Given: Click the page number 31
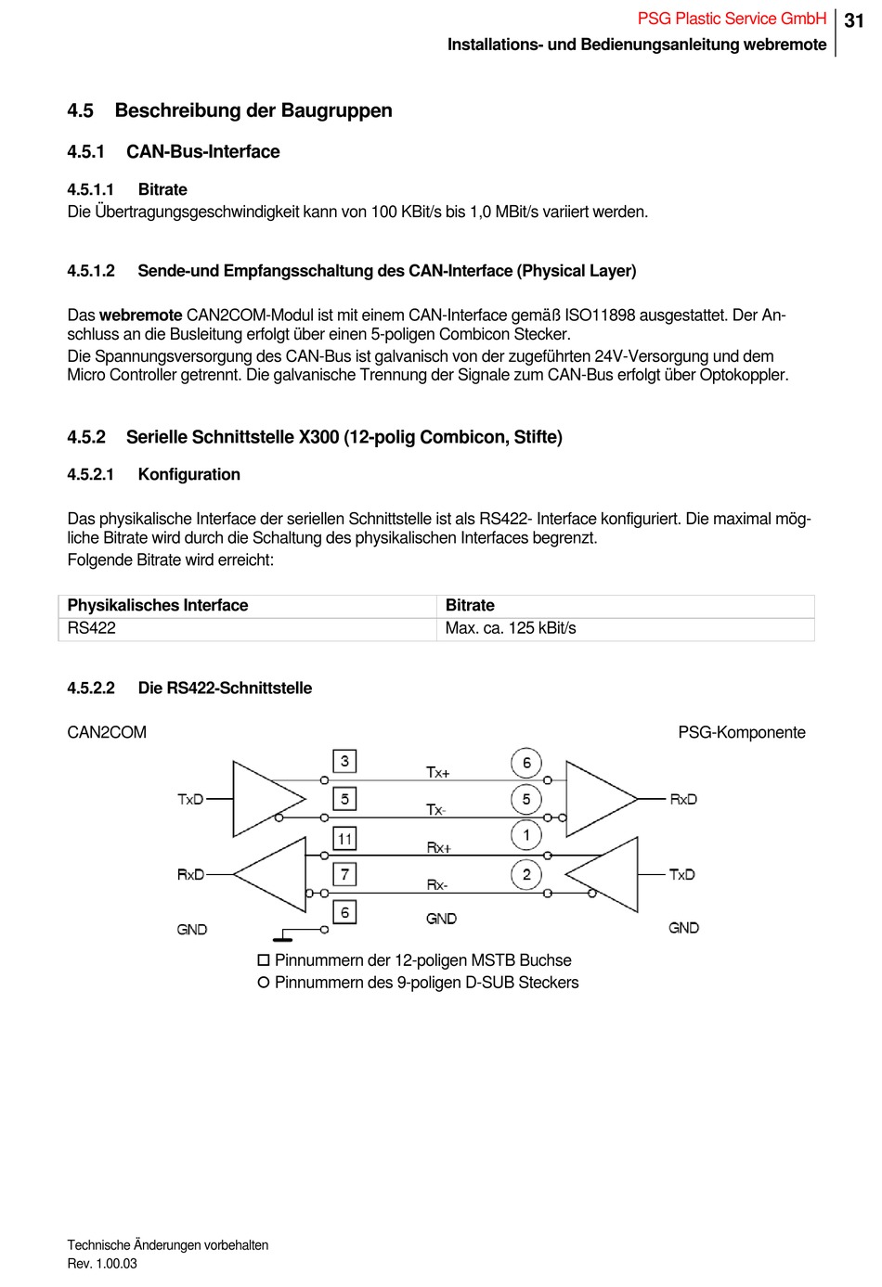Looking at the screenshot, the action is coord(854,20).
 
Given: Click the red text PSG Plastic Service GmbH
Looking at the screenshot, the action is coord(732,19).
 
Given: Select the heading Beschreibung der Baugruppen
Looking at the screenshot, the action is coord(253,110).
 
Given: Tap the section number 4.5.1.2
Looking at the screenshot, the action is coord(91,271).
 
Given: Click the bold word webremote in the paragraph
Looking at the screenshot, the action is coord(141,315).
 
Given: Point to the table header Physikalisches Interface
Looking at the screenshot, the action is coord(158,605).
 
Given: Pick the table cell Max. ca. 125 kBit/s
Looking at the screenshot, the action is coord(511,628).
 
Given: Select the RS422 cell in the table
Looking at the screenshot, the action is coord(91,628).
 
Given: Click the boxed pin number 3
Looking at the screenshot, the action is coord(345,761).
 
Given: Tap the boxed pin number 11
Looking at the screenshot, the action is coord(345,838).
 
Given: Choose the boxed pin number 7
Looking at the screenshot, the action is coord(345,874).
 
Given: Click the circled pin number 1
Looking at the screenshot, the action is coord(526,835).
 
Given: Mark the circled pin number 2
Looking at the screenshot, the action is coord(526,874).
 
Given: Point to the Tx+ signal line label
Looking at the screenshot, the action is coord(438,772).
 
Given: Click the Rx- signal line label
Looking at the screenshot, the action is coord(437,885).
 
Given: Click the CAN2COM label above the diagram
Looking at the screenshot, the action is coord(107,732).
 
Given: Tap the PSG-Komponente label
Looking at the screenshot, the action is coord(742,732).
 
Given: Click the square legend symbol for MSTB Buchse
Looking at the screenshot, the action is coord(264,960).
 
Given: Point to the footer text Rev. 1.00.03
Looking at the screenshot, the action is coord(102,1264).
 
